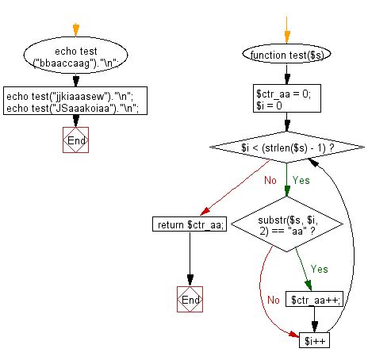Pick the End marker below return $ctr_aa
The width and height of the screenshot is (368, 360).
[190, 301]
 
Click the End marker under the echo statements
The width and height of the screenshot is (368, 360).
[75, 140]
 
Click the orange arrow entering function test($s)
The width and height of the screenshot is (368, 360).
[286, 32]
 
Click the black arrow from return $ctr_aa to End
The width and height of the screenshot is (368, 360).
[190, 258]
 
